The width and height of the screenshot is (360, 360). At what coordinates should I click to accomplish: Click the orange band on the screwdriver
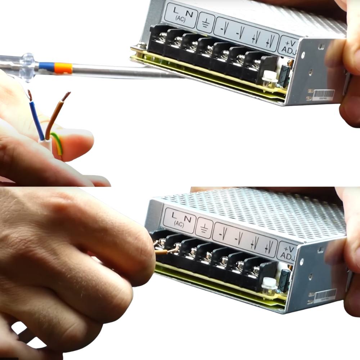63,67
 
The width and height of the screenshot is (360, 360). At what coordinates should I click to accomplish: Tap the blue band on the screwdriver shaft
46,66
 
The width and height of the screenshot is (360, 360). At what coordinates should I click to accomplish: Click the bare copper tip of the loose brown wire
66,96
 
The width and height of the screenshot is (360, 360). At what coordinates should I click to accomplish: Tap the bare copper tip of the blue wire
30,95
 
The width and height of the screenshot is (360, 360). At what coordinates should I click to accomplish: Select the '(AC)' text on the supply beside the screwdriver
180,19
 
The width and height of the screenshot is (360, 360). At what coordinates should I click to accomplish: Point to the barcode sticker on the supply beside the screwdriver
323,95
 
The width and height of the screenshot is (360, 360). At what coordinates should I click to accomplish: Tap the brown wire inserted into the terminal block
164,252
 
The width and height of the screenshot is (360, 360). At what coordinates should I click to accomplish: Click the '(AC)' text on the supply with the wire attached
179,224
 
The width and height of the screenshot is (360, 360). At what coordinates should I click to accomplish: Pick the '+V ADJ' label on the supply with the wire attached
288,252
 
